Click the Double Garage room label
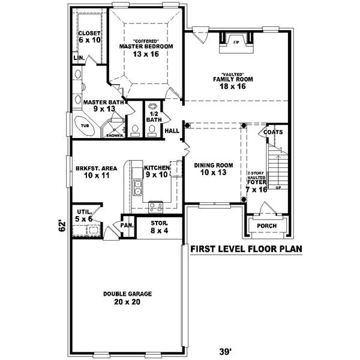[x=127, y=298]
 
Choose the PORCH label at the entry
[x=266, y=226]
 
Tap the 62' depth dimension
[x=61, y=226]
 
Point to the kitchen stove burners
[x=156, y=206]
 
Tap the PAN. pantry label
[x=127, y=225]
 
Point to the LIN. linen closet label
[x=78, y=58]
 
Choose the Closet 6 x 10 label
[x=89, y=36]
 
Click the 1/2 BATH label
[x=154, y=116]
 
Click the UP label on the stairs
[x=277, y=187]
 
